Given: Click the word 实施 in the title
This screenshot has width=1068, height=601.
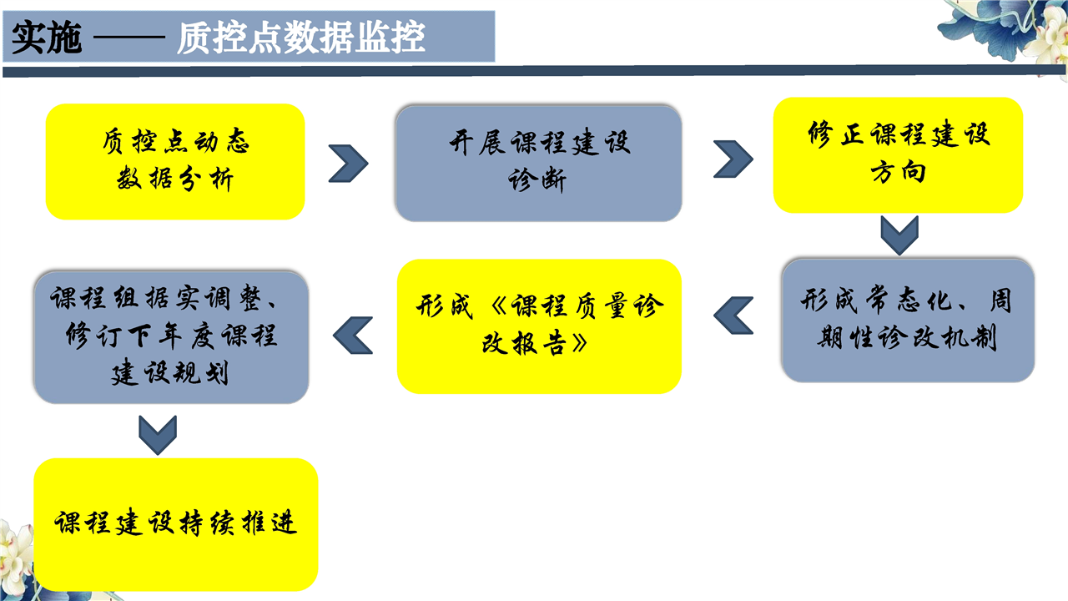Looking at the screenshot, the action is [47, 38].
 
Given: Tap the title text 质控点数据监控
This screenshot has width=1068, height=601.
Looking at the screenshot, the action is [301, 38].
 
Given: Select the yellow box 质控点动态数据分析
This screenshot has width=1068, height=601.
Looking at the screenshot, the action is [175, 162].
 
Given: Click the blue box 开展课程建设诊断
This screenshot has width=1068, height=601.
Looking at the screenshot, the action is [539, 164].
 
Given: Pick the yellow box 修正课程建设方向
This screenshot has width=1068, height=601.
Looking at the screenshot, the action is [898, 155].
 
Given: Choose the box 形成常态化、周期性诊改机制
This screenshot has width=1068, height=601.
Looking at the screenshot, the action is [908, 321].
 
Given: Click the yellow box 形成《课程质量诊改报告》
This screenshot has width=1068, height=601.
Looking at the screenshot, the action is [539, 326].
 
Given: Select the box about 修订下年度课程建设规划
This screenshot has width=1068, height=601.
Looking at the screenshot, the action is [172, 338].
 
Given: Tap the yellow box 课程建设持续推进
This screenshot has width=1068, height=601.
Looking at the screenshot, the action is [175, 525].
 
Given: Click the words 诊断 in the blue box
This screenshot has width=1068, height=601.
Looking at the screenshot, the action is [537, 180].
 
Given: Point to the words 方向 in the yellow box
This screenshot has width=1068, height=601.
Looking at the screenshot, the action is [899, 172].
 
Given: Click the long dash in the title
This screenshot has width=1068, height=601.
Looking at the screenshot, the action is [129, 37].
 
